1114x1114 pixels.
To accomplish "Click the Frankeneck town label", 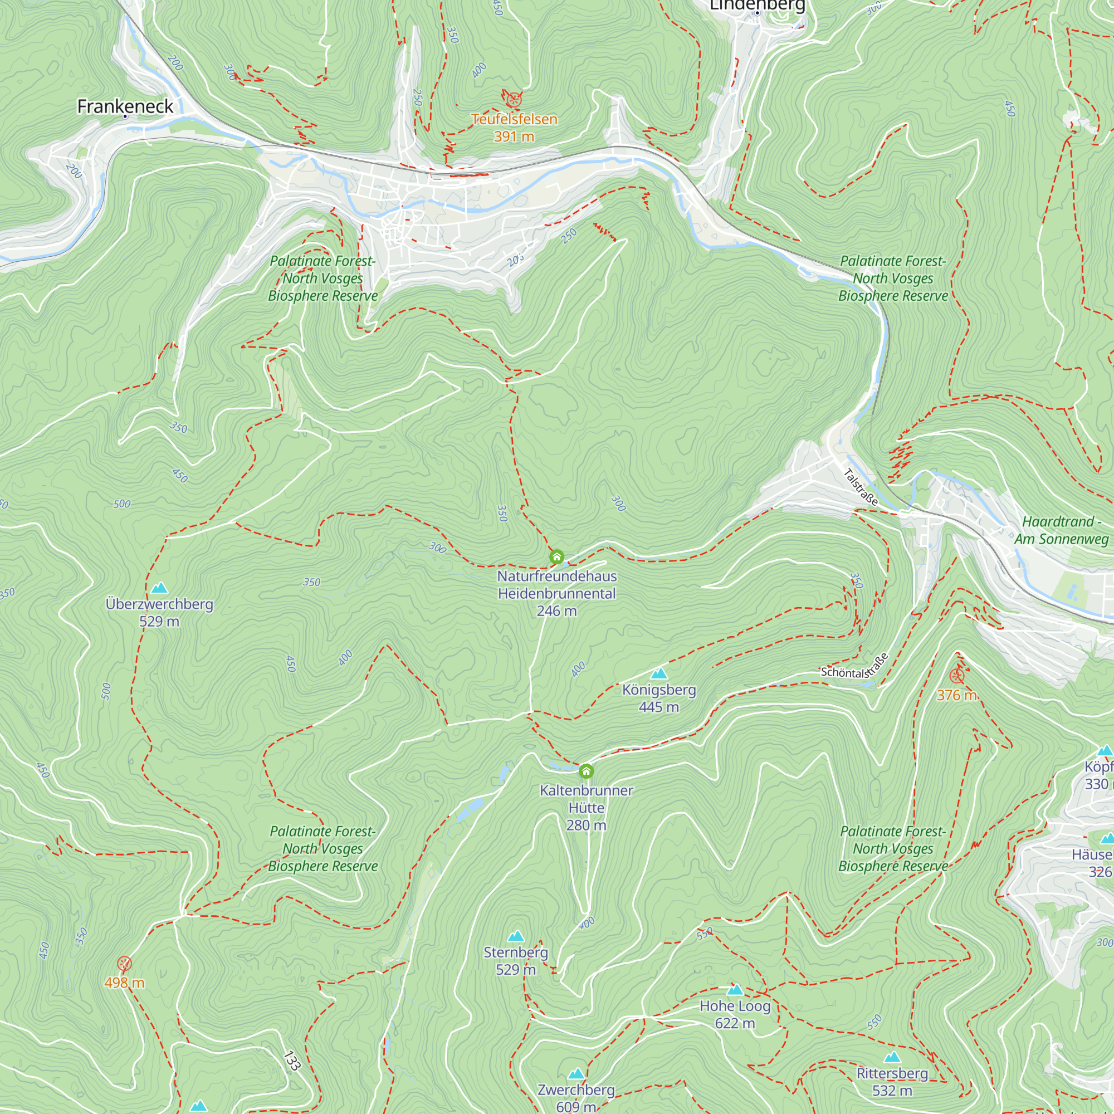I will click(x=125, y=106).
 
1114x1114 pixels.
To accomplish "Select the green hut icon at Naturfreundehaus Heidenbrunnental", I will click(x=556, y=557).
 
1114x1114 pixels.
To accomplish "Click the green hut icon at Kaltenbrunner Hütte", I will click(x=587, y=771).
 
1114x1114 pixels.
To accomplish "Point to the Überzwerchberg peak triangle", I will click(x=159, y=588).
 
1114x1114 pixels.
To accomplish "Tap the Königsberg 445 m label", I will click(x=659, y=698).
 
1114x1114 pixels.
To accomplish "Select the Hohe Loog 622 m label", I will click(x=735, y=1014).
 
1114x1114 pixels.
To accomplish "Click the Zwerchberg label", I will click(x=576, y=1090).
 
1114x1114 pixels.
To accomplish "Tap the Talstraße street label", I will click(x=861, y=487).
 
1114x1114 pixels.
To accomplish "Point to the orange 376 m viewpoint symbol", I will click(x=957, y=676).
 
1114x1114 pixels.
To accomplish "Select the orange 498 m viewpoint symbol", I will click(x=125, y=964).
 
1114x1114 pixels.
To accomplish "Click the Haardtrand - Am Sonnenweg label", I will click(x=1061, y=530).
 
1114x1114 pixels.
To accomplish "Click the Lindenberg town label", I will click(x=757, y=6).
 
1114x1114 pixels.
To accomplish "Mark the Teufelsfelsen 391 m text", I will click(x=514, y=128).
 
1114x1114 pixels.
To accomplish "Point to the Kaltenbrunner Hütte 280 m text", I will click(x=587, y=807).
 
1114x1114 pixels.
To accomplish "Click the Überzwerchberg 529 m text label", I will click(x=159, y=612).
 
